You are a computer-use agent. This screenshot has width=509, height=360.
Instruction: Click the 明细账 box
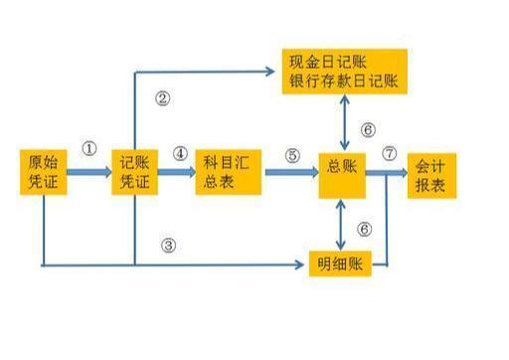[339, 265]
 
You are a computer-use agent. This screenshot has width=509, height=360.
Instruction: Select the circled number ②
[164, 97]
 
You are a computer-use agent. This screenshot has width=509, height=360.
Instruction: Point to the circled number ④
[179, 154]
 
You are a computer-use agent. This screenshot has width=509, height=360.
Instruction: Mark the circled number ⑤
[291, 155]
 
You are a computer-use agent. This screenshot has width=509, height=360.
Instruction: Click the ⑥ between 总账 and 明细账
[365, 229]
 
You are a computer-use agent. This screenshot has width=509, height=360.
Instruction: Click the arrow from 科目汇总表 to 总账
[288, 172]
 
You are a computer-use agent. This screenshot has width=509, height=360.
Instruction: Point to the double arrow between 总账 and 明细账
[342, 224]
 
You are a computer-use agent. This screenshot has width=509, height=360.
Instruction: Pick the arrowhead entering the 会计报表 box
[401, 172]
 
